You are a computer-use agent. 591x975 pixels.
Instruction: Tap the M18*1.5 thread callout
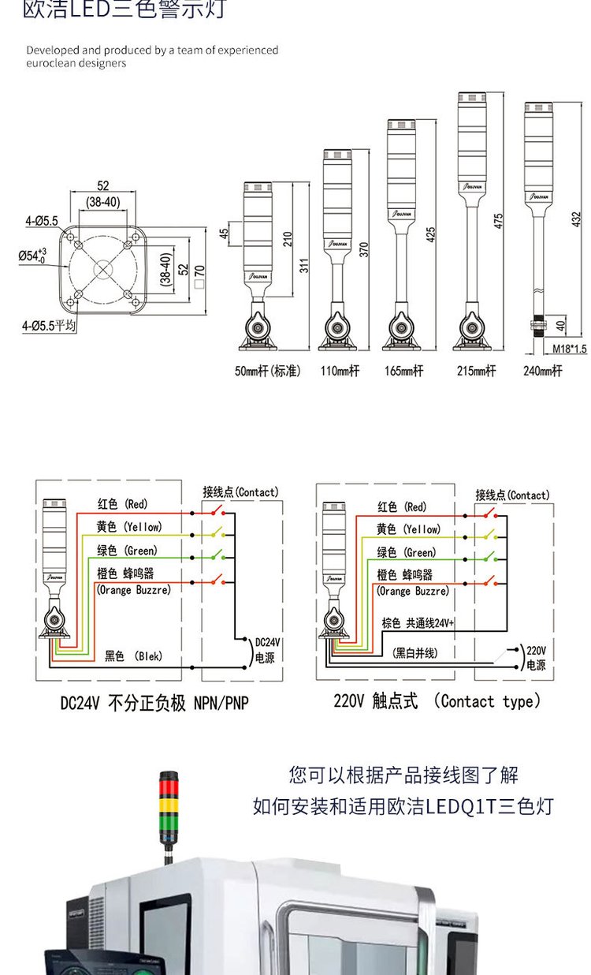[569, 349]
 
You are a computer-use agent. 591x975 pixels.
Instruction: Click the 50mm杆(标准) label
[267, 371]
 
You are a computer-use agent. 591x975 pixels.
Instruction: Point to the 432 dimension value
[575, 215]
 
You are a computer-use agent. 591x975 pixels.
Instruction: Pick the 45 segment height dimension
[224, 234]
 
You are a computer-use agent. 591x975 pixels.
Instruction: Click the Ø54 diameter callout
[33, 256]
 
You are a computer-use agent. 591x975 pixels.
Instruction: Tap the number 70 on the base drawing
[199, 270]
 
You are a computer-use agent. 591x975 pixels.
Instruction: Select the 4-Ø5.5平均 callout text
[49, 324]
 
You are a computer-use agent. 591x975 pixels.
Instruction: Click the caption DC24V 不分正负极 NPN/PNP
[154, 702]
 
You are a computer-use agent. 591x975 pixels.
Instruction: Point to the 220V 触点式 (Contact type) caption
[437, 700]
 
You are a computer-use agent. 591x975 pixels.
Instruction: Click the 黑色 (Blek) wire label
[134, 656]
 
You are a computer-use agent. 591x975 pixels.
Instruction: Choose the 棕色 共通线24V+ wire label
[418, 622]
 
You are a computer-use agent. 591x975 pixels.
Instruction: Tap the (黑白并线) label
[414, 652]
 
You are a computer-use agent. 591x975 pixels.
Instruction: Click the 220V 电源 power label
[536, 658]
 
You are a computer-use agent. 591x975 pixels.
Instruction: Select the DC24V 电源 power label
[265, 650]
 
